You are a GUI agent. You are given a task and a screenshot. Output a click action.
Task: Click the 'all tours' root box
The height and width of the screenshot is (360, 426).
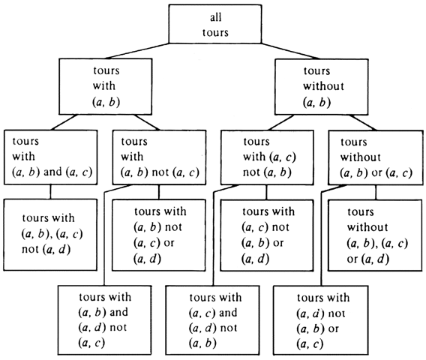point(215,24)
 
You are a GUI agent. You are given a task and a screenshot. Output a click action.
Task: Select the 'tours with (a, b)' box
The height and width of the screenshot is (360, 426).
point(106,86)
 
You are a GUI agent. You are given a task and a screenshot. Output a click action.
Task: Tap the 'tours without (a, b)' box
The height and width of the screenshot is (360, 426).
point(322,87)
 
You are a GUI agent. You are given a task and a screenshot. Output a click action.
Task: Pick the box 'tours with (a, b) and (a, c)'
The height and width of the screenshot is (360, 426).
point(50,157)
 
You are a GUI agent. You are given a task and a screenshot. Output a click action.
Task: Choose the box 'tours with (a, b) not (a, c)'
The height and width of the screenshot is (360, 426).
point(159,157)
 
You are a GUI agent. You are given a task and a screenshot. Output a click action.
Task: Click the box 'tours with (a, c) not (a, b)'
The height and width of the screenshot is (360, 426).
point(267,157)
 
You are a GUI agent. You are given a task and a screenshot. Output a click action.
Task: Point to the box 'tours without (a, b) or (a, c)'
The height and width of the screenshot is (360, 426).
point(376,157)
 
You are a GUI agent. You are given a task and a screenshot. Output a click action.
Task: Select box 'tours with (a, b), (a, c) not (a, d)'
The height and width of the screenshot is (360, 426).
point(50,235)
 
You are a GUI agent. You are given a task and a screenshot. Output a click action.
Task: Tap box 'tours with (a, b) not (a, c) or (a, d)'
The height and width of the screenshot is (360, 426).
point(159,235)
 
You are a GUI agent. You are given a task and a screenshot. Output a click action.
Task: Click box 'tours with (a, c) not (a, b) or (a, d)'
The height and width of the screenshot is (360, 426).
point(267,235)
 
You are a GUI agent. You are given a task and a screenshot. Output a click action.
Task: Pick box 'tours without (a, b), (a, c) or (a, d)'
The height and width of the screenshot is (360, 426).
point(375,235)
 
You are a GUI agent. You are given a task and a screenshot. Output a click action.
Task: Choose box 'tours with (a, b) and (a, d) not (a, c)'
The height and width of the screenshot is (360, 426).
point(104,320)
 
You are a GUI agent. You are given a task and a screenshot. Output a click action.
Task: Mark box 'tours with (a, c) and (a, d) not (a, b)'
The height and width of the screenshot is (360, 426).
point(212,320)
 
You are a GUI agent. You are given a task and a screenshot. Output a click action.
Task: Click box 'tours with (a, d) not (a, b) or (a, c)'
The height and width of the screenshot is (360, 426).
point(320,320)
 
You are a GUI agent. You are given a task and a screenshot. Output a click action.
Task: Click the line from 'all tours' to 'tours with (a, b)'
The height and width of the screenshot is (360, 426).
point(137,51)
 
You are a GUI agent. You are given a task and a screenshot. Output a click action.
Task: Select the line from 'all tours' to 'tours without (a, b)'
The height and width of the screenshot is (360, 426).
point(291,51)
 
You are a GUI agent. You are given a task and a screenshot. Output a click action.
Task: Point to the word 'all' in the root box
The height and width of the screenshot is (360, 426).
point(216,17)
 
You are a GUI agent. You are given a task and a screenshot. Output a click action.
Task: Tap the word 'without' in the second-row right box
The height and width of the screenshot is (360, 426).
point(323,86)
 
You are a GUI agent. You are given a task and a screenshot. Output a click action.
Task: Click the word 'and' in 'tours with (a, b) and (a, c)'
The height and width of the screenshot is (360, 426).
point(52,172)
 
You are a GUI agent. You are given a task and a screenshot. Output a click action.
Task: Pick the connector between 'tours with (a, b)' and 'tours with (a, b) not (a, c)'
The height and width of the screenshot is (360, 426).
point(147,122)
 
